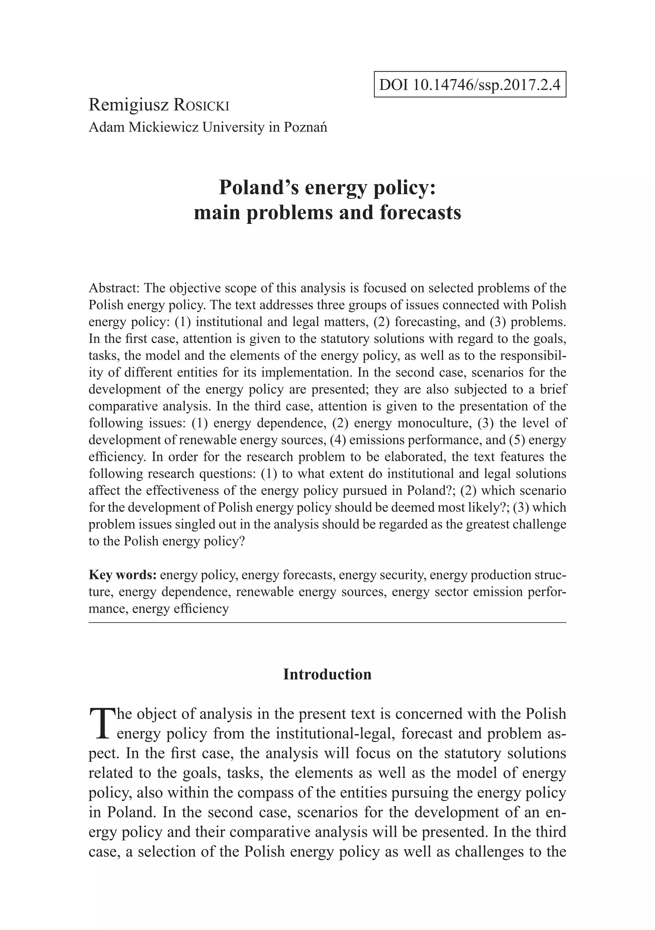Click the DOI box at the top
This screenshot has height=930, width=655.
[x=470, y=84]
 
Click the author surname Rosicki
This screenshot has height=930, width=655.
[x=201, y=105]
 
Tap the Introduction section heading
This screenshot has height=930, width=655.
[x=327, y=674]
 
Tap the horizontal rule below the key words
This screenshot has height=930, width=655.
[x=327, y=622]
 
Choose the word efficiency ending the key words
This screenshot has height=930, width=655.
[x=201, y=608]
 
